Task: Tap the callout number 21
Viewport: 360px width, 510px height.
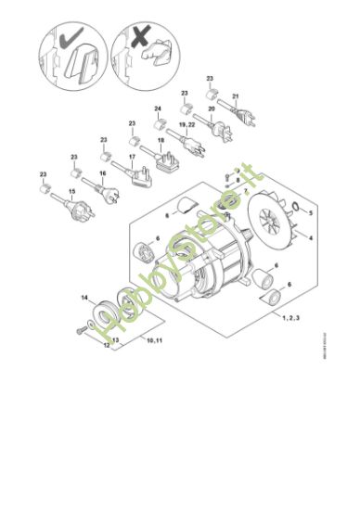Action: click(236, 96)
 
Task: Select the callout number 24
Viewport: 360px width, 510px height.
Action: click(159, 109)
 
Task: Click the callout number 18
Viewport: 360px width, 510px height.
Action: click(161, 141)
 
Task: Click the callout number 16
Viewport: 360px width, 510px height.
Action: click(102, 173)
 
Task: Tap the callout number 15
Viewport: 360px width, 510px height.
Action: click(71, 192)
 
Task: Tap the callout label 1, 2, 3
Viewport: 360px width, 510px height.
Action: click(292, 317)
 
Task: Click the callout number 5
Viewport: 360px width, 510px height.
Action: click(311, 213)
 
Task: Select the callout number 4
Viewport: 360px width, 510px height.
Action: click(310, 238)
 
